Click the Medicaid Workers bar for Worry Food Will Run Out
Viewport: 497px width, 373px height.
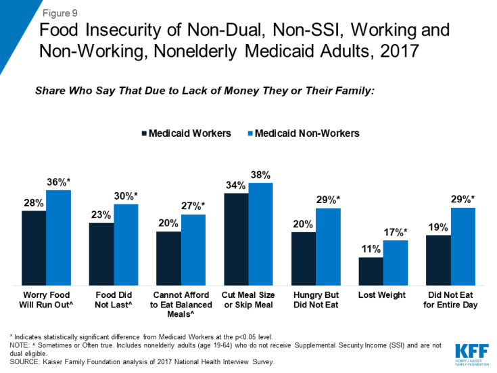coord(34,248)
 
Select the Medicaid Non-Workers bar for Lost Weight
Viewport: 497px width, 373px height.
coord(395,263)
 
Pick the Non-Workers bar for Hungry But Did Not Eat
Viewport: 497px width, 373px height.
coord(328,246)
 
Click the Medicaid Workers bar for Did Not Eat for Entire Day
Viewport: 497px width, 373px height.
coord(438,260)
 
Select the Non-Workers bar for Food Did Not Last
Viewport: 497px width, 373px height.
coord(126,244)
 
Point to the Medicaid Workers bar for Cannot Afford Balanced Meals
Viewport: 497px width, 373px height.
coord(168,258)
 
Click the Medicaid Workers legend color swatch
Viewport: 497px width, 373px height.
coord(144,134)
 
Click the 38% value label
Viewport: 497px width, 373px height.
coord(260,175)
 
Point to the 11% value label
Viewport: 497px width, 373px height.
coord(371,250)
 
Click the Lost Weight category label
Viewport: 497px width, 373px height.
coord(383,295)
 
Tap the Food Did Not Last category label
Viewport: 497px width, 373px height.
coord(114,300)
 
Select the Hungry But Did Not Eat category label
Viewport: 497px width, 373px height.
coord(316,300)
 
